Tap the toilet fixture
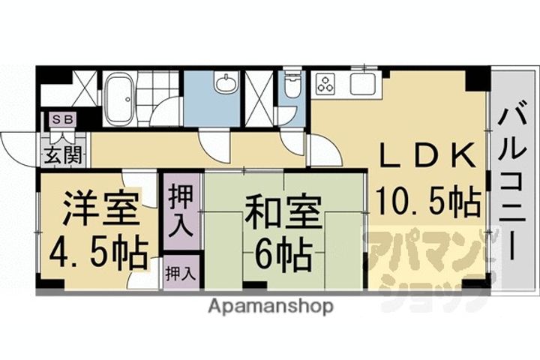click(x=291, y=88)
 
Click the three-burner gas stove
click(x=327, y=84)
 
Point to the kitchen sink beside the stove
click(x=361, y=83)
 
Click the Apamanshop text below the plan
click(x=270, y=307)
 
